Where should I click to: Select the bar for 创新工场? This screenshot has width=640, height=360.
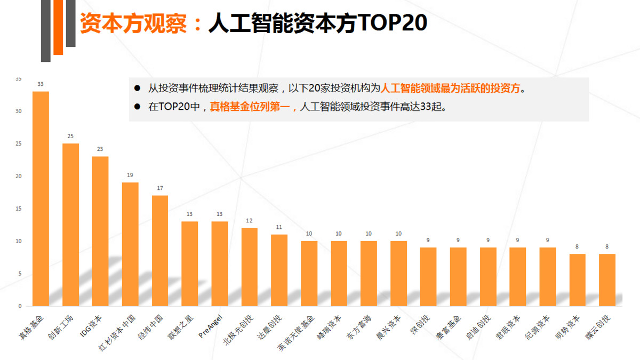(x=70, y=225)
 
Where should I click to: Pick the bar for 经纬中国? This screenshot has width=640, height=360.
(x=160, y=251)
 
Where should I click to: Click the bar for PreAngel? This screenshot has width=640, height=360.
(x=220, y=263)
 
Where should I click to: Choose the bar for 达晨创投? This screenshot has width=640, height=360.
(x=279, y=270)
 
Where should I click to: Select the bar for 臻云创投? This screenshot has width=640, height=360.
(x=607, y=279)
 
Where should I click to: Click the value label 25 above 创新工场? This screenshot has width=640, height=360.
(x=70, y=136)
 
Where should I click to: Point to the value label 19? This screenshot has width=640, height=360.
(x=130, y=175)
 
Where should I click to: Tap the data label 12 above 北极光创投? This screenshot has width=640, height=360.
(x=249, y=220)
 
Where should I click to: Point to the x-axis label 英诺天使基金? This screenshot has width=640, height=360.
(x=297, y=329)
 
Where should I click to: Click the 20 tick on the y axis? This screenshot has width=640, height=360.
(x=19, y=176)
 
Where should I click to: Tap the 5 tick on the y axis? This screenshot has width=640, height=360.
(x=20, y=274)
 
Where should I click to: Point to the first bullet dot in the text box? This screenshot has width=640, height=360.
(x=137, y=88)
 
